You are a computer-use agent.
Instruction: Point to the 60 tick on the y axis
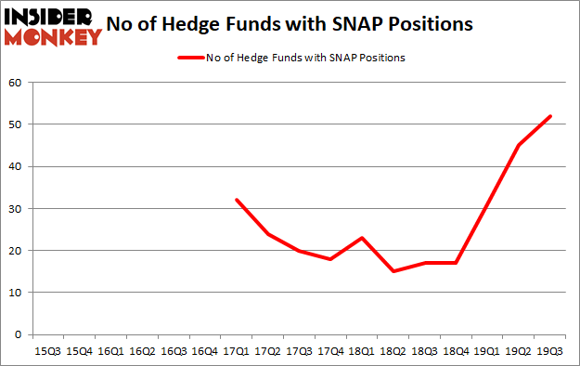(15, 83)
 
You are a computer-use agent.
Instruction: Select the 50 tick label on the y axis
(15, 124)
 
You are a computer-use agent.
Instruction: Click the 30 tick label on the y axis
(15, 208)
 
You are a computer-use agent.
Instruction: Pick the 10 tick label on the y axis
(15, 293)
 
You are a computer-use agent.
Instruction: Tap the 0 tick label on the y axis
(18, 334)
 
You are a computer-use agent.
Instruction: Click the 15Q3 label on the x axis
(46, 353)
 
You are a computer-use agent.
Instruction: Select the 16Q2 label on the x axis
(141, 353)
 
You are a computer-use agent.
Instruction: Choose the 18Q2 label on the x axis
(393, 353)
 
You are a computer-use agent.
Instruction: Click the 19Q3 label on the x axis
(551, 353)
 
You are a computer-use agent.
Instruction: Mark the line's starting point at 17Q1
(237, 200)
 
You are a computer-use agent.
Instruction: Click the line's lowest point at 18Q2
(393, 271)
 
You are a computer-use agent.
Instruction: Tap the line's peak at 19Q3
(551, 116)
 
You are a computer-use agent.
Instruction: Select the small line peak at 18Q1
(362, 238)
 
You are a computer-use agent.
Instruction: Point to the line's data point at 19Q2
(520, 145)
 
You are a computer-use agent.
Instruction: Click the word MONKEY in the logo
(56, 37)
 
